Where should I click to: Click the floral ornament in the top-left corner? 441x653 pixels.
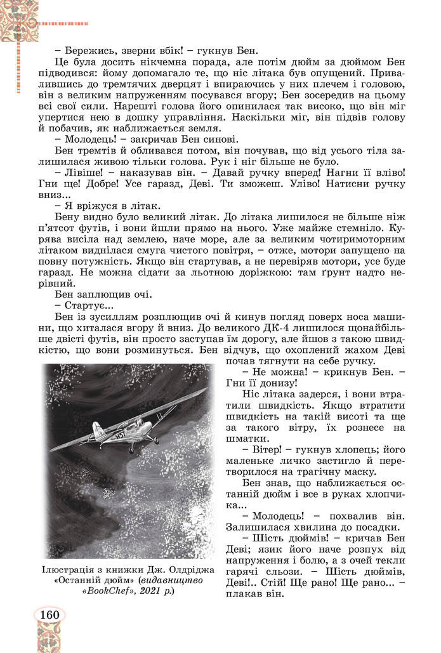pyautogui.click(x=19, y=19)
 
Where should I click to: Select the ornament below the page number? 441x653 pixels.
pyautogui.click(x=48, y=638)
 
